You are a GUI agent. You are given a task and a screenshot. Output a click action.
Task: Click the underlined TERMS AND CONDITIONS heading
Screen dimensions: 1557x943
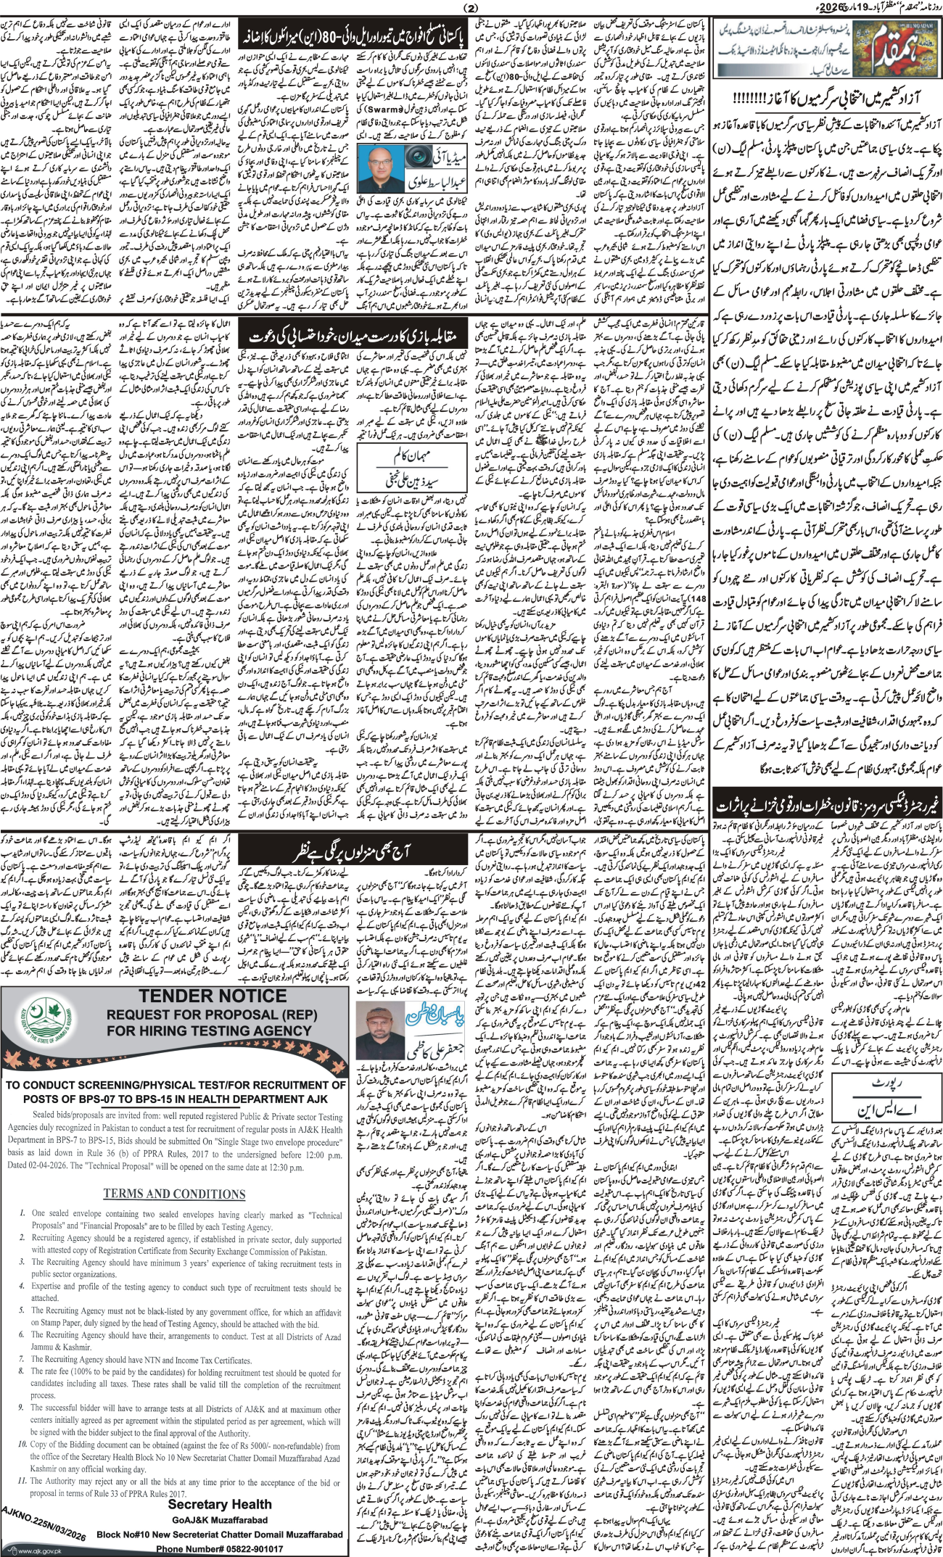click(174, 1194)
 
